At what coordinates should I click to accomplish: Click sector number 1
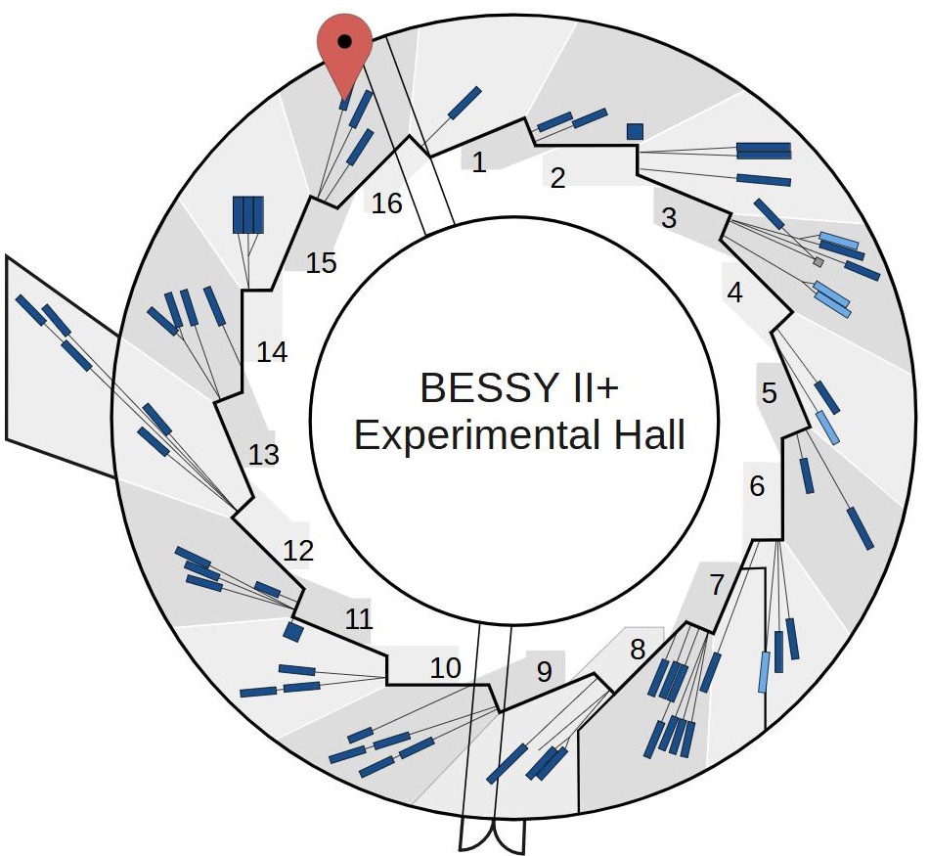click(x=479, y=162)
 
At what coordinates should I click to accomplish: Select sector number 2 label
click(x=558, y=178)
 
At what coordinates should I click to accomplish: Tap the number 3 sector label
click(x=669, y=218)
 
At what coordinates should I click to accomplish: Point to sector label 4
click(x=735, y=292)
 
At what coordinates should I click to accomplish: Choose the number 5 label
click(x=770, y=393)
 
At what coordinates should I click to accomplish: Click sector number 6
click(x=758, y=485)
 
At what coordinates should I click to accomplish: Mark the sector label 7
click(x=717, y=586)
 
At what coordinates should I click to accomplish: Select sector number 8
click(x=638, y=648)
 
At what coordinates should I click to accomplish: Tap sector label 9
click(x=545, y=671)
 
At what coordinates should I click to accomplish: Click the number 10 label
click(x=445, y=668)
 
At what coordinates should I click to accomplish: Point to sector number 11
click(x=359, y=618)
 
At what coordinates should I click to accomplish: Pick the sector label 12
click(x=298, y=550)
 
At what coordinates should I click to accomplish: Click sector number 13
click(x=264, y=455)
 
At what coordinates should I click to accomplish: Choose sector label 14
click(x=273, y=352)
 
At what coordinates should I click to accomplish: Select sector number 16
click(x=387, y=203)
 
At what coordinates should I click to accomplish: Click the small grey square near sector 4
click(x=818, y=262)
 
